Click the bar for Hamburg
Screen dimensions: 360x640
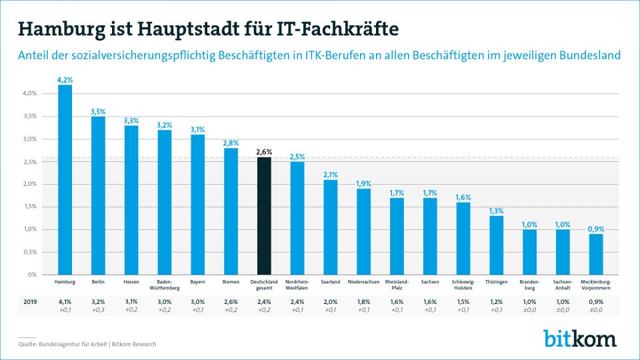65,180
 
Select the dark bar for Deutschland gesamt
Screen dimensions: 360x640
265,216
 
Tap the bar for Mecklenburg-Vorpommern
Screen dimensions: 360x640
597,254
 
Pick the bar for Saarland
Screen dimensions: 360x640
331,227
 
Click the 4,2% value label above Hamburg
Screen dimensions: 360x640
65,80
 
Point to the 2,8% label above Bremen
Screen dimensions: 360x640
231,143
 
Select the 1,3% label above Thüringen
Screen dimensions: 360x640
497,211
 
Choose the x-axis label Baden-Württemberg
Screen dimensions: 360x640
165,285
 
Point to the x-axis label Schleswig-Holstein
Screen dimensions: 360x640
463,285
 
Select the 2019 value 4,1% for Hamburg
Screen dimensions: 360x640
65,301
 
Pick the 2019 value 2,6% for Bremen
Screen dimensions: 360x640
231,301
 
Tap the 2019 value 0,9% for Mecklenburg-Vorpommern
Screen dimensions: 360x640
597,301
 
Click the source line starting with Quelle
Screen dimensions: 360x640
87,344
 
